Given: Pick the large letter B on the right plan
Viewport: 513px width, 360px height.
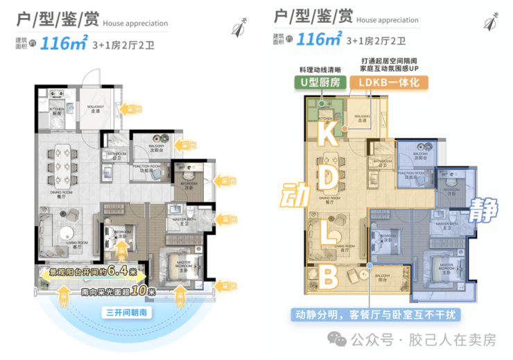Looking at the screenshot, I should (328, 279).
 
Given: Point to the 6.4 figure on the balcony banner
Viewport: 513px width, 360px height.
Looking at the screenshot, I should (131, 271).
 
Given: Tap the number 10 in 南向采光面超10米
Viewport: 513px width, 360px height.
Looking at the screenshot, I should (139, 291).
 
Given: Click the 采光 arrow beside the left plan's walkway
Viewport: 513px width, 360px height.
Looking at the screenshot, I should (130, 109).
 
